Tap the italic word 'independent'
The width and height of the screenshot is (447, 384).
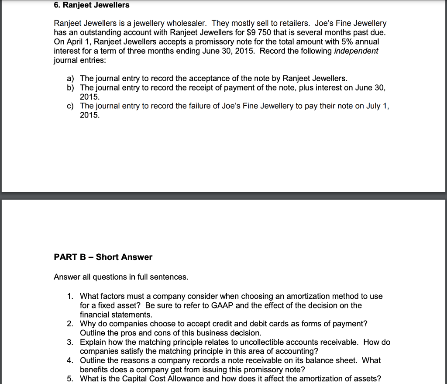tap(356, 51)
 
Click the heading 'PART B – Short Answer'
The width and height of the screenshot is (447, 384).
tap(103, 257)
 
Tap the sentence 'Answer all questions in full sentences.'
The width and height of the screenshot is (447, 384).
tap(121, 277)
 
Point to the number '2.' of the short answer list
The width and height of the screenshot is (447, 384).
tap(70, 324)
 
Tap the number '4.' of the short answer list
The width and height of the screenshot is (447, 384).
tap(70, 360)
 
